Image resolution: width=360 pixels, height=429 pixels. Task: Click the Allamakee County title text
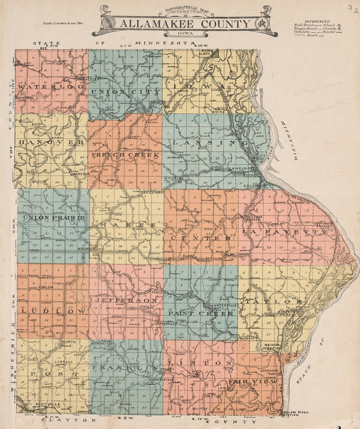coord(185,24)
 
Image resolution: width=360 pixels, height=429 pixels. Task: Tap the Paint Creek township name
coord(201,313)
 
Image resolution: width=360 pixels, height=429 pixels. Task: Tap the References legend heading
coord(317,21)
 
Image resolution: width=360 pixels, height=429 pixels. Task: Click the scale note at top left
coord(63,24)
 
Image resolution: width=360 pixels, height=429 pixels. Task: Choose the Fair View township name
coord(254,382)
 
